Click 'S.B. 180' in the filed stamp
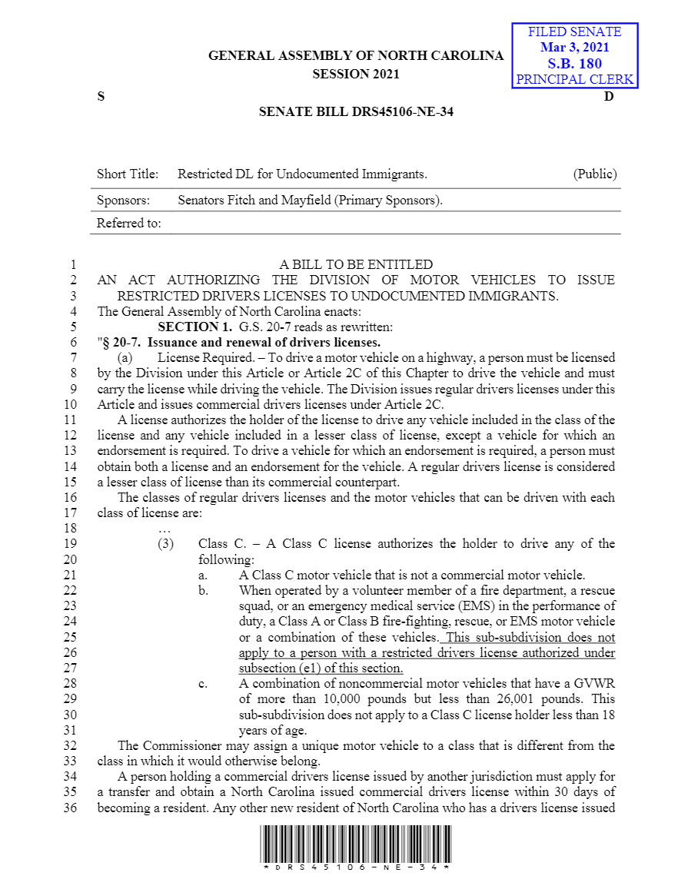pyautogui.click(x=574, y=63)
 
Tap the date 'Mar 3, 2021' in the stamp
pyautogui.click(x=574, y=48)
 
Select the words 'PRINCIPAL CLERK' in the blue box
pyautogui.click(x=574, y=79)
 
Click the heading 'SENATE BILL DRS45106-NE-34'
pyautogui.click(x=356, y=112)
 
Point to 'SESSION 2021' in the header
pyautogui.click(x=356, y=75)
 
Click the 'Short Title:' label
pyautogui.click(x=128, y=174)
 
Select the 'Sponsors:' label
pyautogui.click(x=123, y=201)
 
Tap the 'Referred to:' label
pyautogui.click(x=129, y=224)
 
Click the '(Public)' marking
pyautogui.click(x=595, y=174)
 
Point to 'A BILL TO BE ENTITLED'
pyautogui.click(x=356, y=264)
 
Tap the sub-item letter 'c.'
pyautogui.click(x=203, y=684)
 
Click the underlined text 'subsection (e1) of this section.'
pyautogui.click(x=321, y=668)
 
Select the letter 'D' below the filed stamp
pyautogui.click(x=609, y=97)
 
